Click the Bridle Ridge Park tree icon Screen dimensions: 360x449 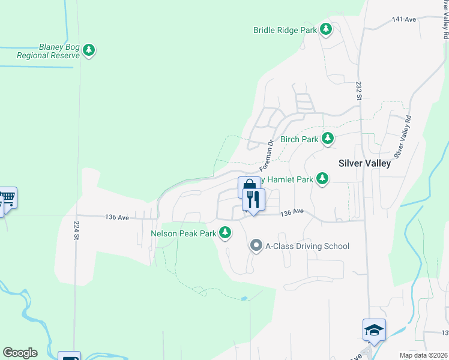pyautogui.click(x=326, y=29)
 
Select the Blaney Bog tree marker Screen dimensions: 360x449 pyautogui.click(x=89, y=50)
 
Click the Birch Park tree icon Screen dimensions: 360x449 pyautogui.click(x=327, y=139)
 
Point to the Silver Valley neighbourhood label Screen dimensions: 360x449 pyautogui.click(x=364, y=163)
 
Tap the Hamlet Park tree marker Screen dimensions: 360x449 pyautogui.click(x=322, y=179)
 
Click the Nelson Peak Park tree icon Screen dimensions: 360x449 pyautogui.click(x=225, y=233)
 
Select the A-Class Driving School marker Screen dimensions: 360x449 pyautogui.click(x=256, y=245)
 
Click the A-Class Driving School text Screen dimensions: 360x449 pyautogui.click(x=307, y=246)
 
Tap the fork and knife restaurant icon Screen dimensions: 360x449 pyautogui.click(x=253, y=200)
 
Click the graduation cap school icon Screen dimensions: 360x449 pyautogui.click(x=373, y=330)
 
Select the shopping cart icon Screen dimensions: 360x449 pyautogui.click(x=7, y=197)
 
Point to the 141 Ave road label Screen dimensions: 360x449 pyautogui.click(x=403, y=20)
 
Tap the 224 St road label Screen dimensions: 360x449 pyautogui.click(x=76, y=229)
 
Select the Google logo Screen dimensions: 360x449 pyautogui.click(x=20, y=353)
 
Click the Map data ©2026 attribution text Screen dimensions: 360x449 pyautogui.click(x=423, y=355)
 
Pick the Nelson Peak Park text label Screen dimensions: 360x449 pyautogui.click(x=183, y=233)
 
